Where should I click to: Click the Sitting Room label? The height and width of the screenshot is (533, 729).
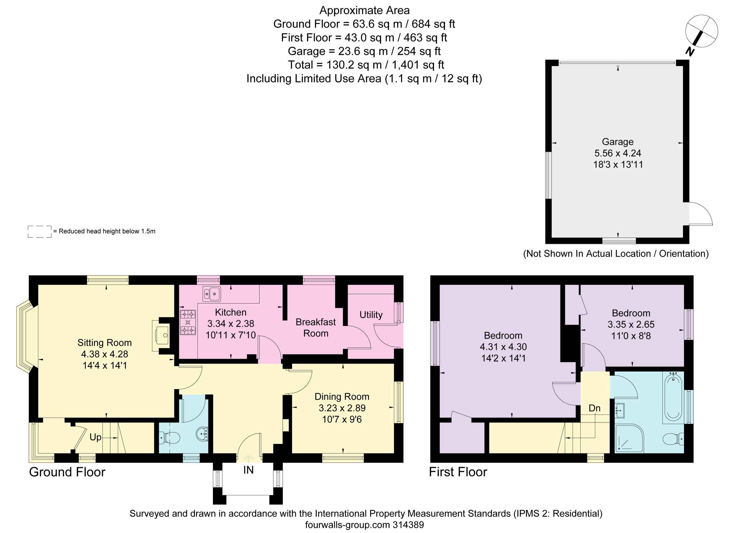(x=104, y=343)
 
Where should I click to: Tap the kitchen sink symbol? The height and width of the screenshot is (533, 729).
(x=211, y=294)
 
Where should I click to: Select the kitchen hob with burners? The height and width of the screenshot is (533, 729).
(x=188, y=322)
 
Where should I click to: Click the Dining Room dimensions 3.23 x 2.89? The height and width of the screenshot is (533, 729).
(x=342, y=408)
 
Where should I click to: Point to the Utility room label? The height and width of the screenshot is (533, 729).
(x=371, y=315)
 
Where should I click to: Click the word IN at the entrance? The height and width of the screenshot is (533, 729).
(x=248, y=470)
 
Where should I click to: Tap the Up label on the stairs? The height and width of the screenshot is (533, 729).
(x=95, y=437)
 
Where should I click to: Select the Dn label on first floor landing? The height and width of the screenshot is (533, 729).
(x=594, y=408)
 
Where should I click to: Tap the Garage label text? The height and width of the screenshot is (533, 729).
(x=618, y=142)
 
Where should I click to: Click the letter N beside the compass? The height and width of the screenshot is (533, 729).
(x=690, y=52)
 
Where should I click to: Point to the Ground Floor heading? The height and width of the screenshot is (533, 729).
(x=67, y=472)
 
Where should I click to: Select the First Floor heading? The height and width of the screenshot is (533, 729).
(x=458, y=472)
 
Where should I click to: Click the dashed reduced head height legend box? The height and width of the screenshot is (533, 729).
(x=39, y=232)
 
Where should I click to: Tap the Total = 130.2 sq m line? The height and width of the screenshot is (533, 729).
(x=366, y=65)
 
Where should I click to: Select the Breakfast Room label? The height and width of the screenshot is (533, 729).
(x=316, y=327)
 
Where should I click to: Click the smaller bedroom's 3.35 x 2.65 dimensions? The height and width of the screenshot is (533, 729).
(x=631, y=324)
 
